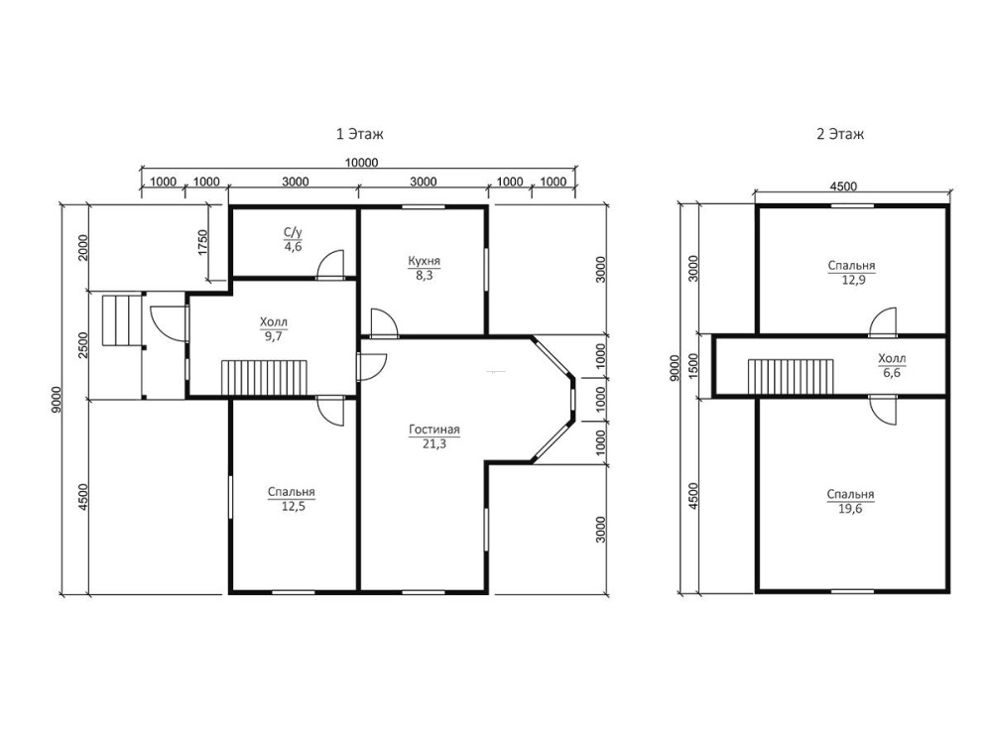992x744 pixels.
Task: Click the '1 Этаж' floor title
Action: (x=359, y=134)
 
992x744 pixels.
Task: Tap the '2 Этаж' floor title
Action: (x=839, y=134)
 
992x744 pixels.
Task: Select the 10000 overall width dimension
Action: (x=361, y=163)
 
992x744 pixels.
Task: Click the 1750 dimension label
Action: (x=202, y=242)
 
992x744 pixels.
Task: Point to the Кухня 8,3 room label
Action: (x=424, y=268)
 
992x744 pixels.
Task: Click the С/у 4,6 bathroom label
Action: (x=293, y=239)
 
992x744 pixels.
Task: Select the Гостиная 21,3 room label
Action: (x=434, y=436)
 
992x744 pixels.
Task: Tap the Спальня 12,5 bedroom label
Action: (x=291, y=499)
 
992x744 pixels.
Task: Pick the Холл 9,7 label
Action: (x=274, y=329)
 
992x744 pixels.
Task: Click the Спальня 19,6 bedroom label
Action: (x=850, y=501)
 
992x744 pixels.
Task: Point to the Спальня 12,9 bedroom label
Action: (x=851, y=272)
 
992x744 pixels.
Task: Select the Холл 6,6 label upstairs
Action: (x=892, y=366)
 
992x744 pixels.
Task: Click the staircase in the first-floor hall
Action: (x=264, y=378)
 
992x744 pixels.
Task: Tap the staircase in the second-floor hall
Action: (x=791, y=377)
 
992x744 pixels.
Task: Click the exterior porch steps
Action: (x=121, y=320)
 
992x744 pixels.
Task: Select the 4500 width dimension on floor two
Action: (x=843, y=186)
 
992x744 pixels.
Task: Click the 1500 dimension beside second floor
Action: (x=694, y=366)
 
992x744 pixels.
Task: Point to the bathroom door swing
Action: (x=330, y=265)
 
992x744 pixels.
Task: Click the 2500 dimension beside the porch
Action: (x=83, y=345)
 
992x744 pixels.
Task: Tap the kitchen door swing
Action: (x=383, y=322)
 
